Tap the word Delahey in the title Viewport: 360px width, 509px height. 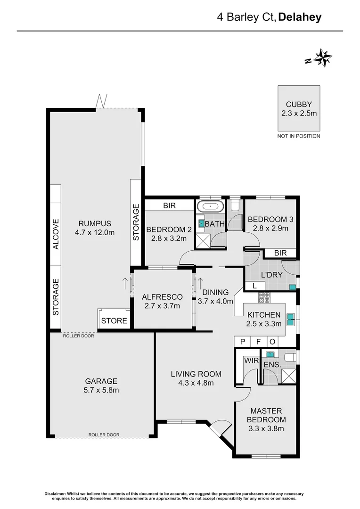click(x=300, y=17)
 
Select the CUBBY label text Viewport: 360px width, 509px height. click(x=299, y=105)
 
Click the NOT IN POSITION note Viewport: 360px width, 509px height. click(x=299, y=136)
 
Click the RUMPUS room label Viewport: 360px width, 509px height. click(x=95, y=223)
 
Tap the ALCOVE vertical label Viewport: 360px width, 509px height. click(x=56, y=234)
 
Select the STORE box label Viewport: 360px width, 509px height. click(x=115, y=320)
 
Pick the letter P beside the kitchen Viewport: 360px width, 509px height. click(x=243, y=342)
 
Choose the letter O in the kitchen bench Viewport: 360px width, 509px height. click(x=272, y=342)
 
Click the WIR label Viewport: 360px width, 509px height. click(x=249, y=361)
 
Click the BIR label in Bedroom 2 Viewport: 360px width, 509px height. click(x=169, y=206)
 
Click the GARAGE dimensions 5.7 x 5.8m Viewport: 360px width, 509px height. click(x=101, y=390)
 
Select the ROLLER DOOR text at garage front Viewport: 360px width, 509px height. click(x=104, y=435)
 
